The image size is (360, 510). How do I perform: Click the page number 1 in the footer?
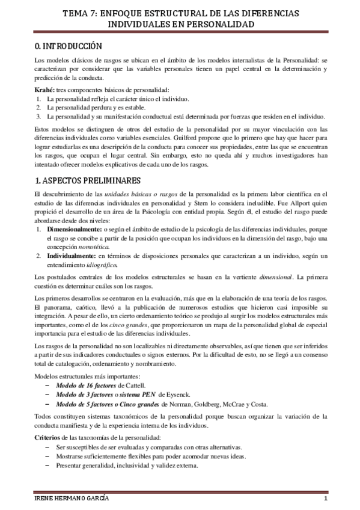click(325, 500)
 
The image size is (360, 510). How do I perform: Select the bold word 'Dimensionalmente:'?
click(72, 214)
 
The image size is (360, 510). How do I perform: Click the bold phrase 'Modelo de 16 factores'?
click(88, 384)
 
